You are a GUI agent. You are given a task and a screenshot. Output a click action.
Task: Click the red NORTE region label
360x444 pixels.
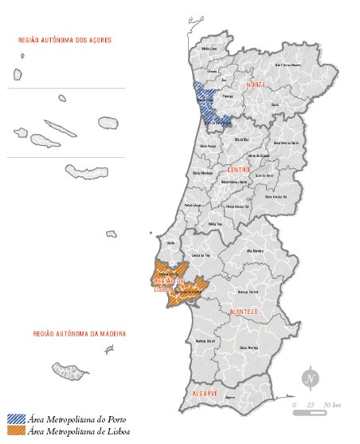[256, 84]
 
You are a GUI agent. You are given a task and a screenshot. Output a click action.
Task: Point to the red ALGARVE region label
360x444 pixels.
[206, 394]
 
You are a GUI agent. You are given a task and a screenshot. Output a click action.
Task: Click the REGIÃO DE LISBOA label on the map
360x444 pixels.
[170, 285]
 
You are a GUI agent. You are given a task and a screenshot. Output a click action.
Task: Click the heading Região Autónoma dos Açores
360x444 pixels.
[65, 39]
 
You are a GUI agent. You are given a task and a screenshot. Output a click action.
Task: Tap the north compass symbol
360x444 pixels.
[310, 378]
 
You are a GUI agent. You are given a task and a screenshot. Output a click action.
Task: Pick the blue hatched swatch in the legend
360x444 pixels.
[14, 418]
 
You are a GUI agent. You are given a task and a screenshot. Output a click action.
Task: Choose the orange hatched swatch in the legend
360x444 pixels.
[14, 431]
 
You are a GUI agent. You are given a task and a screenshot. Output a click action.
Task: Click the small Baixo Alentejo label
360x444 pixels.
[248, 348]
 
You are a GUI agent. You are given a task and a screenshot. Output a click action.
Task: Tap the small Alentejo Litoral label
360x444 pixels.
[205, 340]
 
